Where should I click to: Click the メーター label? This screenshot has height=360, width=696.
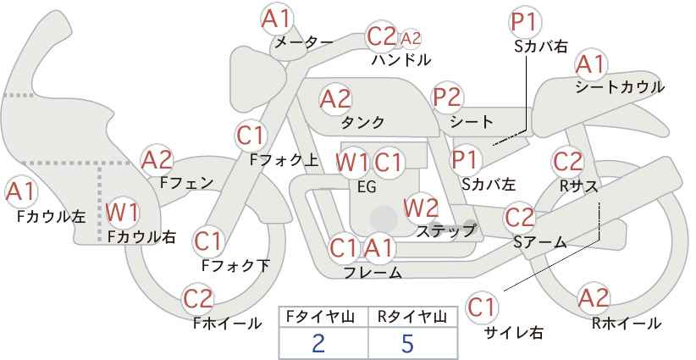pos(304,42)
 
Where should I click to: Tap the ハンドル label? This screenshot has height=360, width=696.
pos(401,59)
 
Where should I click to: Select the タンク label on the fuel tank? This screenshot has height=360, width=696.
pos(362,122)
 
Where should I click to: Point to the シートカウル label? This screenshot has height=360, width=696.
pos(620,87)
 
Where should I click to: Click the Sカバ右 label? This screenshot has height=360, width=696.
pos(541,47)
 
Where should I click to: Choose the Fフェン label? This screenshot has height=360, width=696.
pos(186,183)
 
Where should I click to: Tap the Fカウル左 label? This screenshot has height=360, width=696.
pos(51,216)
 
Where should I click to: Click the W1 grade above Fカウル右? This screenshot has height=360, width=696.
pos(123,213)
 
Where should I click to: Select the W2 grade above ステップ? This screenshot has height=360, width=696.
pos(421,208)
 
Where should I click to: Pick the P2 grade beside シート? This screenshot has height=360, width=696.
pos(447,97)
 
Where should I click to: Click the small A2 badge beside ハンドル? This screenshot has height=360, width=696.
pos(411,39)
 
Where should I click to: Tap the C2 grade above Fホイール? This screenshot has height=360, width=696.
pos(198,299)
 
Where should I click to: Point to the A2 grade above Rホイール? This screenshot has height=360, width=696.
pos(593,297)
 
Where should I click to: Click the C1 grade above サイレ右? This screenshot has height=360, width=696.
pos(482,307)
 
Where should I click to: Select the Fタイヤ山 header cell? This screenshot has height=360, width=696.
pos(323,317)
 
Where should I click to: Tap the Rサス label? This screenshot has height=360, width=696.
pos(578,187)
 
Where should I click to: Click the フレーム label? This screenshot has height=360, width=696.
pos(373,273)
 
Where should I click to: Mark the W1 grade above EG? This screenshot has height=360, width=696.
pos(352,163)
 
